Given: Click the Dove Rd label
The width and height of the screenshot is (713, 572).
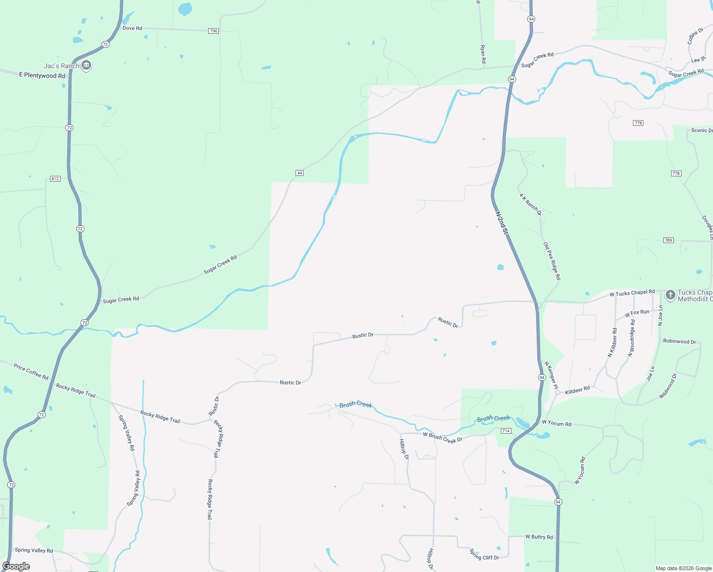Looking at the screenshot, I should pyautogui.click(x=132, y=28).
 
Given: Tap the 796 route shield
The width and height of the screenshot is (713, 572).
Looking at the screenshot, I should pyautogui.click(x=214, y=31).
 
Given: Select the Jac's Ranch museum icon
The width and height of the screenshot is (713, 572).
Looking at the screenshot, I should pyautogui.click(x=86, y=65).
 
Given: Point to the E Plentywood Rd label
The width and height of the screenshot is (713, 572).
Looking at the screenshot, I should pyautogui.click(x=42, y=75).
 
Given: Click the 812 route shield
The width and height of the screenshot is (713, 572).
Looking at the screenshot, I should pyautogui.click(x=55, y=179).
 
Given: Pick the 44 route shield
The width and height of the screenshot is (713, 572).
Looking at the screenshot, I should pyautogui.click(x=299, y=173).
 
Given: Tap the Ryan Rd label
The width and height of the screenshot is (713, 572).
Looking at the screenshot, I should pyautogui.click(x=483, y=54).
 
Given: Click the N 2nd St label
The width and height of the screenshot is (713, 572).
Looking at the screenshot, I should pyautogui.click(x=502, y=223).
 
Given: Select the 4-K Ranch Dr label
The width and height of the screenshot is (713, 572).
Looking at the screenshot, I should pyautogui.click(x=530, y=204).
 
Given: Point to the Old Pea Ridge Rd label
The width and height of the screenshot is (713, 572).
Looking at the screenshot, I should pyautogui.click(x=552, y=261).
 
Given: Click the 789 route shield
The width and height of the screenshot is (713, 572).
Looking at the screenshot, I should pyautogui.click(x=668, y=240).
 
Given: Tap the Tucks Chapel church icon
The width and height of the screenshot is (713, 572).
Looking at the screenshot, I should pyautogui.click(x=670, y=295).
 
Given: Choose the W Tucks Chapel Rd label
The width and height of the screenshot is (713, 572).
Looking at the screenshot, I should pyautogui.click(x=632, y=293).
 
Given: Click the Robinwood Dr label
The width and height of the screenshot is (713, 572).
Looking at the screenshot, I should pyautogui.click(x=679, y=341).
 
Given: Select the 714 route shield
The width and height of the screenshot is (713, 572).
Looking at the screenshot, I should pyautogui.click(x=506, y=431).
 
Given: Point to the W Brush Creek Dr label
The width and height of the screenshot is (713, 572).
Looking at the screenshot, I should pyautogui.click(x=442, y=437).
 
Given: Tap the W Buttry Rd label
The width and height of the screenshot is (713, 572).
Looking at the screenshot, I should pyautogui.click(x=539, y=537).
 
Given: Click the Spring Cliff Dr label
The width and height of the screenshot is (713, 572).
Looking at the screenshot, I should pyautogui.click(x=484, y=554).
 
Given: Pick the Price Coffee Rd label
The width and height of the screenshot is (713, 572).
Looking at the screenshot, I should pyautogui.click(x=31, y=371).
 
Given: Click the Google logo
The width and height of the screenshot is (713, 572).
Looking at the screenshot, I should pyautogui.click(x=16, y=566).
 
